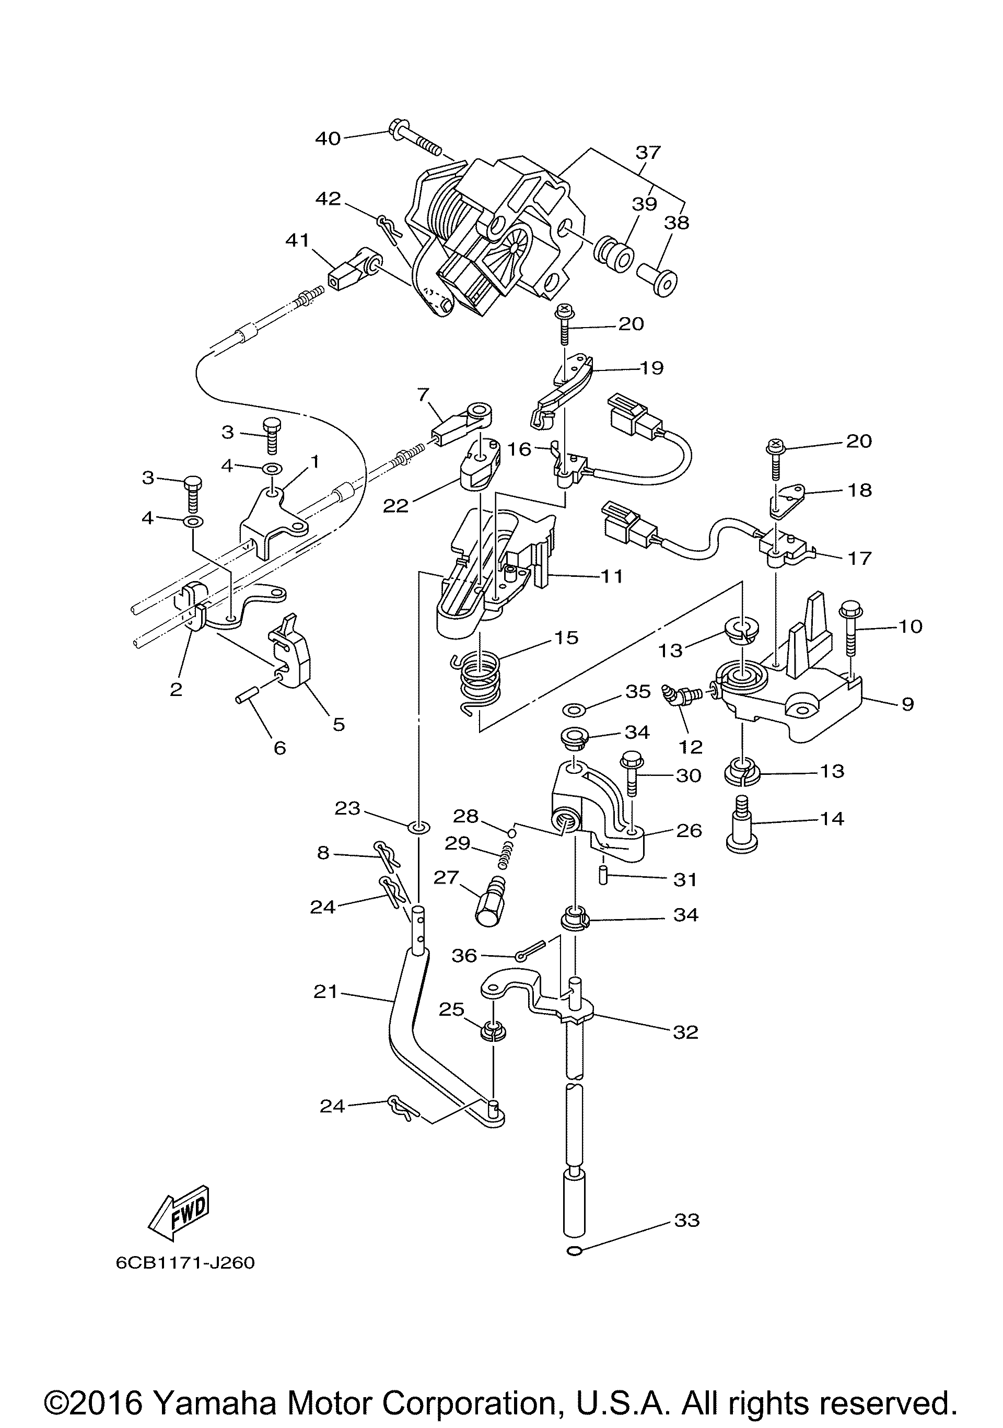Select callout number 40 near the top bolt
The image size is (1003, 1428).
click(x=328, y=138)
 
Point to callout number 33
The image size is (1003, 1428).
click(x=686, y=1220)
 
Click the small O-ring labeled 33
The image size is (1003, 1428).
click(x=576, y=1251)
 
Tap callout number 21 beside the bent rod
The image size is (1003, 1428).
click(x=325, y=991)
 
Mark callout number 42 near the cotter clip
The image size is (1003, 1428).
click(x=328, y=199)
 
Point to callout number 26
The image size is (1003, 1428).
click(x=689, y=830)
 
